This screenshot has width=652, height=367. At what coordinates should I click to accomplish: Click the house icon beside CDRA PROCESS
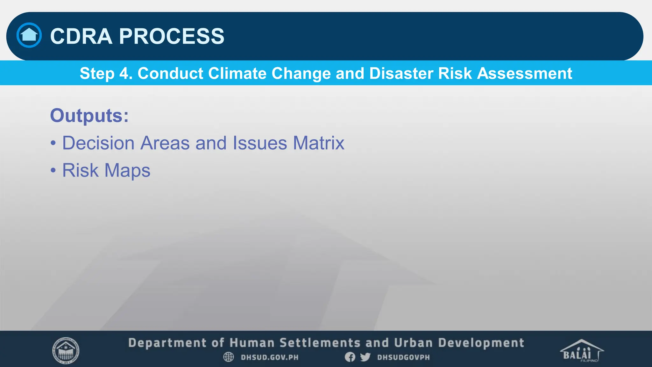[x=29, y=35]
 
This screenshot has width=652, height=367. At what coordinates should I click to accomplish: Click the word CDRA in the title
[x=81, y=36]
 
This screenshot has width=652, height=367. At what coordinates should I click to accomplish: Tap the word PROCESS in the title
[x=172, y=36]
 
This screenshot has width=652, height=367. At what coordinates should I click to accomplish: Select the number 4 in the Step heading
[x=124, y=73]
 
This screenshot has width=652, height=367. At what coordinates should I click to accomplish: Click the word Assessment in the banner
[x=524, y=73]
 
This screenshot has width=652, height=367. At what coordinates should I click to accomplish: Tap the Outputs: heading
[x=89, y=115]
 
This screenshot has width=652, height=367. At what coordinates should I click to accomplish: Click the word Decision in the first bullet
[x=98, y=143]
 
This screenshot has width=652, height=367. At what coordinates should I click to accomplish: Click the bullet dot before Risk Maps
[x=53, y=170]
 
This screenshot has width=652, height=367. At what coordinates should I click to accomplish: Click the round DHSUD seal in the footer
[x=66, y=351]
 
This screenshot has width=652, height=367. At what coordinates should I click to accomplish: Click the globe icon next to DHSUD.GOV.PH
[x=228, y=357]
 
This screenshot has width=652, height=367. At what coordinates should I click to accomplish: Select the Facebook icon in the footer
[x=350, y=357]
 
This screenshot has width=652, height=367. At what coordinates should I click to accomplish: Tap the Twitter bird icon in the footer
[x=365, y=357]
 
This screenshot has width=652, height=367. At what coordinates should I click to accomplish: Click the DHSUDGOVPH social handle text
[x=403, y=357]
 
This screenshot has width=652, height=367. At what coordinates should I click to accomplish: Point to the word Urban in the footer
[x=413, y=343]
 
